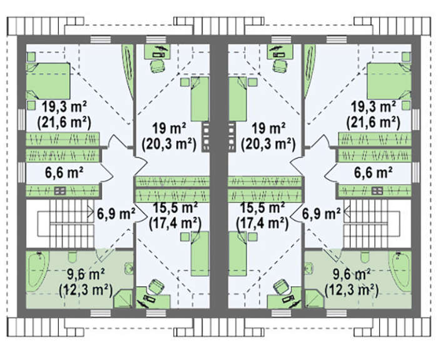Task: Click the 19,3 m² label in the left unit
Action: (x=64, y=107)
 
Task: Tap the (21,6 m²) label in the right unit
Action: (x=373, y=122)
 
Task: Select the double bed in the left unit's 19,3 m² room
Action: (x=48, y=81)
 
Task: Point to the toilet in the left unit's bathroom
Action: (x=73, y=257)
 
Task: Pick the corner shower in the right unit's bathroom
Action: (x=314, y=299)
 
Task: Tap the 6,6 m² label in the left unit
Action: (x=64, y=172)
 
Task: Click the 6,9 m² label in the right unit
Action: (x=322, y=214)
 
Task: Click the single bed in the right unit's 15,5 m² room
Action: (x=237, y=253)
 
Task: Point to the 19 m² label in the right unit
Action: (x=268, y=129)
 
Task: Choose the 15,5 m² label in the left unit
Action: (x=175, y=208)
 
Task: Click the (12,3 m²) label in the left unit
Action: (x=86, y=291)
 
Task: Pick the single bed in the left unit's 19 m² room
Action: (x=200, y=99)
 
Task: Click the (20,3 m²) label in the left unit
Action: (x=169, y=145)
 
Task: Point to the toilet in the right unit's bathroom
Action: (x=365, y=257)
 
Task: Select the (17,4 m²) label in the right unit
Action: (x=262, y=224)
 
